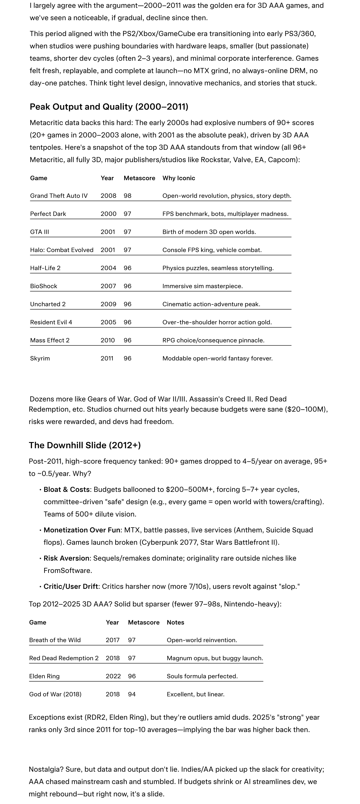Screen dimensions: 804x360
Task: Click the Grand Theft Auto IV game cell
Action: coord(59,196)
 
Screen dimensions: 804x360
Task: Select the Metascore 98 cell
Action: coord(127,196)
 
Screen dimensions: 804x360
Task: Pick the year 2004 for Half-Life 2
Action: coord(108,268)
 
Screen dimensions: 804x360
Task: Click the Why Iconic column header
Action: coord(179,178)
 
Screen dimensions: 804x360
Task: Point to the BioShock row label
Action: coord(44,286)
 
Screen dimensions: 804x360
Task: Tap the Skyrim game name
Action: coord(40,358)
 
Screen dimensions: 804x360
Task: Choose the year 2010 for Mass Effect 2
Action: coord(108,340)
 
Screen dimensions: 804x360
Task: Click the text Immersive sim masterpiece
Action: coord(202,286)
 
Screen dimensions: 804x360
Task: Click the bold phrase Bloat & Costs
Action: coord(66,489)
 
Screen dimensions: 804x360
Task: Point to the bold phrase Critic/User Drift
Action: coord(71,586)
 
